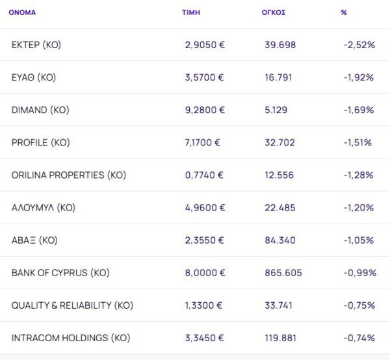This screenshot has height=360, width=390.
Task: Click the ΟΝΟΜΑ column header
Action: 22,12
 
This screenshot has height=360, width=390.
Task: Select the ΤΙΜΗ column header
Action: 190,12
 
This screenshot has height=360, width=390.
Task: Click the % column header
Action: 343,12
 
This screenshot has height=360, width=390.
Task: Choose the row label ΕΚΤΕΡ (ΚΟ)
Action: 36,45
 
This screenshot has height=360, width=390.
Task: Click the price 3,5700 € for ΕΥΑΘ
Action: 204,77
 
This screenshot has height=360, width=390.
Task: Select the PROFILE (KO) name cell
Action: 40,142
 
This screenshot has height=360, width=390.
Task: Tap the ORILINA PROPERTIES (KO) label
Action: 69,175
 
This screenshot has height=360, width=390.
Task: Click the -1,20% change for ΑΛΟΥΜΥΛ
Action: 359,207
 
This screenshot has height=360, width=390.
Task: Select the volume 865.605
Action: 283,272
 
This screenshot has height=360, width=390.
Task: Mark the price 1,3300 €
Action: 204,305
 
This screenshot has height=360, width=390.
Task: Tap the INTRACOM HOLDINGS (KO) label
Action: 71,338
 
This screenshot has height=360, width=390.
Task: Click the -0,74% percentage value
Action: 359,338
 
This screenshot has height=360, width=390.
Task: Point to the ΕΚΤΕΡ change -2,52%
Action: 359,45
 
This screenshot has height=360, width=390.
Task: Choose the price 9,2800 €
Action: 204,110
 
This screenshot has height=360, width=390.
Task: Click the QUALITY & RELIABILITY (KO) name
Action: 72,305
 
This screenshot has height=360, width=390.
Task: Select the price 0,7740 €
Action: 204,175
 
